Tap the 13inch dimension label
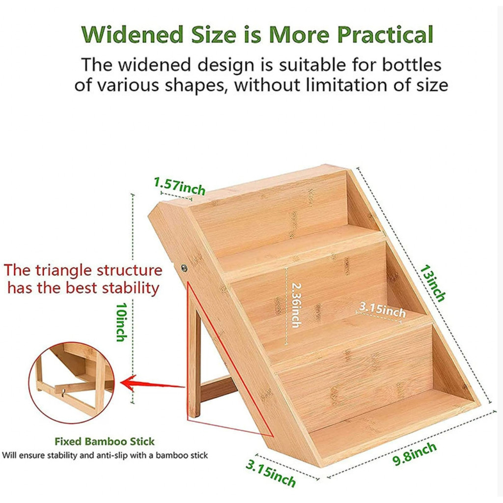(433, 283)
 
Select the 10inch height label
(121, 322)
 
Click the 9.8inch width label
(415, 453)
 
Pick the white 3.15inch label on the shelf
(382, 309)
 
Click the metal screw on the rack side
(184, 267)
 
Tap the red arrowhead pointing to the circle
(128, 383)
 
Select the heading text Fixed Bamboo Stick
(105, 442)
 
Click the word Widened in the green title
(132, 34)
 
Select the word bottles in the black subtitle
(411, 65)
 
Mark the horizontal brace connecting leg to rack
(219, 388)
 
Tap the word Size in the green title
(214, 34)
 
